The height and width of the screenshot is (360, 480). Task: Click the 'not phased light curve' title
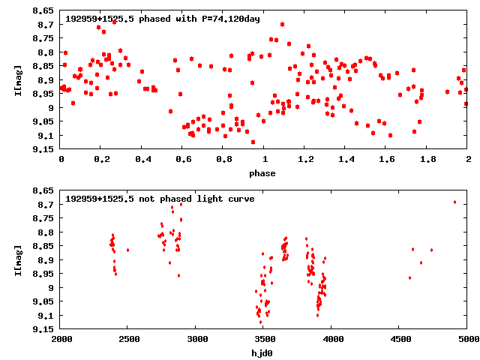click(x=160, y=199)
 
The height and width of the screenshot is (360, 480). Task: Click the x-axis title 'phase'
click(x=262, y=173)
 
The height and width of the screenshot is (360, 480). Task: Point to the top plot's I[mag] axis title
click(x=18, y=80)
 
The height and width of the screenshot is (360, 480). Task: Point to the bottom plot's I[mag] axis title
click(x=18, y=260)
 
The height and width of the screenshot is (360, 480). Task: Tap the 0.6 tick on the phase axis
click(x=182, y=159)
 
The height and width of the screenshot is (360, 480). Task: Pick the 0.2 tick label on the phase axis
click(x=100, y=159)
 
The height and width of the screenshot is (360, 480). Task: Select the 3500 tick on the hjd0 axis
click(x=264, y=339)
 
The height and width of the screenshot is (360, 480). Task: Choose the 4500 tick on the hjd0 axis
click(x=400, y=339)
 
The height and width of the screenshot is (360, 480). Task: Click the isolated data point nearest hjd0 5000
click(x=454, y=202)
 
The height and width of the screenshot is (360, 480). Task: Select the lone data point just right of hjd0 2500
click(x=128, y=250)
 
